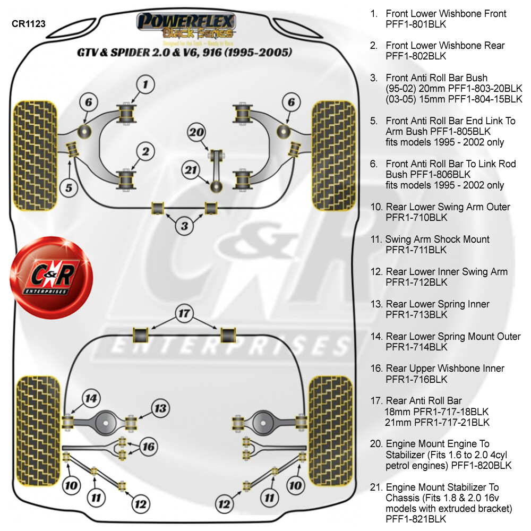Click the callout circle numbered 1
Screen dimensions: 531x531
click(x=145, y=84)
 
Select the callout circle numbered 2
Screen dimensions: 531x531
click(x=145, y=151)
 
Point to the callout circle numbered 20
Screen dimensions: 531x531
click(x=197, y=132)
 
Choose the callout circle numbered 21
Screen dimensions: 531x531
click(x=191, y=170)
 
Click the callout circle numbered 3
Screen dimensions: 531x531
click(x=184, y=227)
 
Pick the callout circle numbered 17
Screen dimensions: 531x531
click(x=184, y=314)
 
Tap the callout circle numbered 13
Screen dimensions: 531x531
click(x=160, y=408)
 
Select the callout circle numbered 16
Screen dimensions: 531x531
click(x=149, y=447)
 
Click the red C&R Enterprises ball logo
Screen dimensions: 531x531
click(x=52, y=277)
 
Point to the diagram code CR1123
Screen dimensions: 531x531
click(x=28, y=23)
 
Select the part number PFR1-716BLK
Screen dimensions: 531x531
click(x=416, y=379)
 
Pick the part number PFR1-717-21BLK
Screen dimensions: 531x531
click(x=437, y=422)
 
